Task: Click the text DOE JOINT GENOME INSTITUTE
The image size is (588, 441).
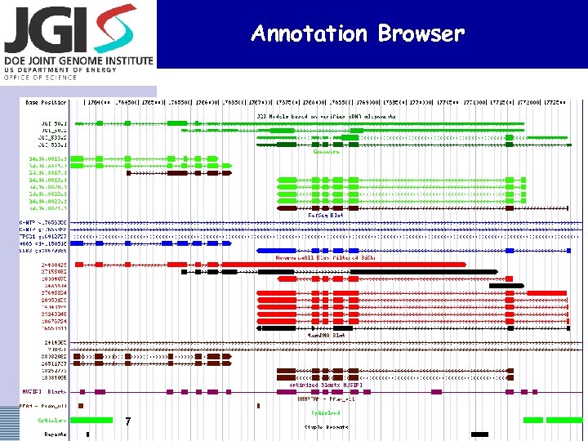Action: click(78, 60)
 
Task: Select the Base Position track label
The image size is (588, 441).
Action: click(46, 103)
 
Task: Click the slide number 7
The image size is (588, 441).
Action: click(128, 421)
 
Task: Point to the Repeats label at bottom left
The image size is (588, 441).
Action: click(56, 434)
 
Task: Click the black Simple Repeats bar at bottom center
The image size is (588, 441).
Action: click(479, 434)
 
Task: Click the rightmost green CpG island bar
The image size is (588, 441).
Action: click(564, 420)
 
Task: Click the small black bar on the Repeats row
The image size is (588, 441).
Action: click(88, 434)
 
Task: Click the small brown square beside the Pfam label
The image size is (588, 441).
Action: click(80, 405)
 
